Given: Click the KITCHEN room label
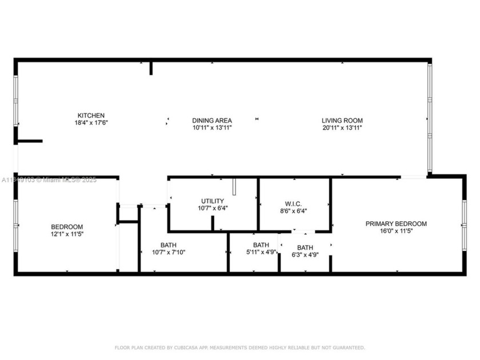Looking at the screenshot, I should tap(91, 115).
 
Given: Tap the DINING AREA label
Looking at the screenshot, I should tap(211, 121).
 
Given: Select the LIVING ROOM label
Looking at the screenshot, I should tap(342, 121).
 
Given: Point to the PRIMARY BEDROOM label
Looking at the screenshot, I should tap(396, 224).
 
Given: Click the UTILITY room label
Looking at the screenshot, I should tap(212, 201).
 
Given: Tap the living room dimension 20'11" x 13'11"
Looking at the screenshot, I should tap(342, 128).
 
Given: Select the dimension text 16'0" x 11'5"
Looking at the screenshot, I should tap(396, 231).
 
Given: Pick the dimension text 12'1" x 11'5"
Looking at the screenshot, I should tap(67, 234).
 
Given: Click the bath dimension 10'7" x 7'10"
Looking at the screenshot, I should tap(168, 252).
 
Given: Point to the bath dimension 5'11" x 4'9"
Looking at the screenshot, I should tap(261, 252).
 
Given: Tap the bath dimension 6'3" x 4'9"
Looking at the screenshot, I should tap(305, 255).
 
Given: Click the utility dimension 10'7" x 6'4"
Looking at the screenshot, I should tap(212, 209).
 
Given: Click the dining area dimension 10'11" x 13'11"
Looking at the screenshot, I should tap(211, 128).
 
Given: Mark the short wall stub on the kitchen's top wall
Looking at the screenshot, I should tap(151, 67).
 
